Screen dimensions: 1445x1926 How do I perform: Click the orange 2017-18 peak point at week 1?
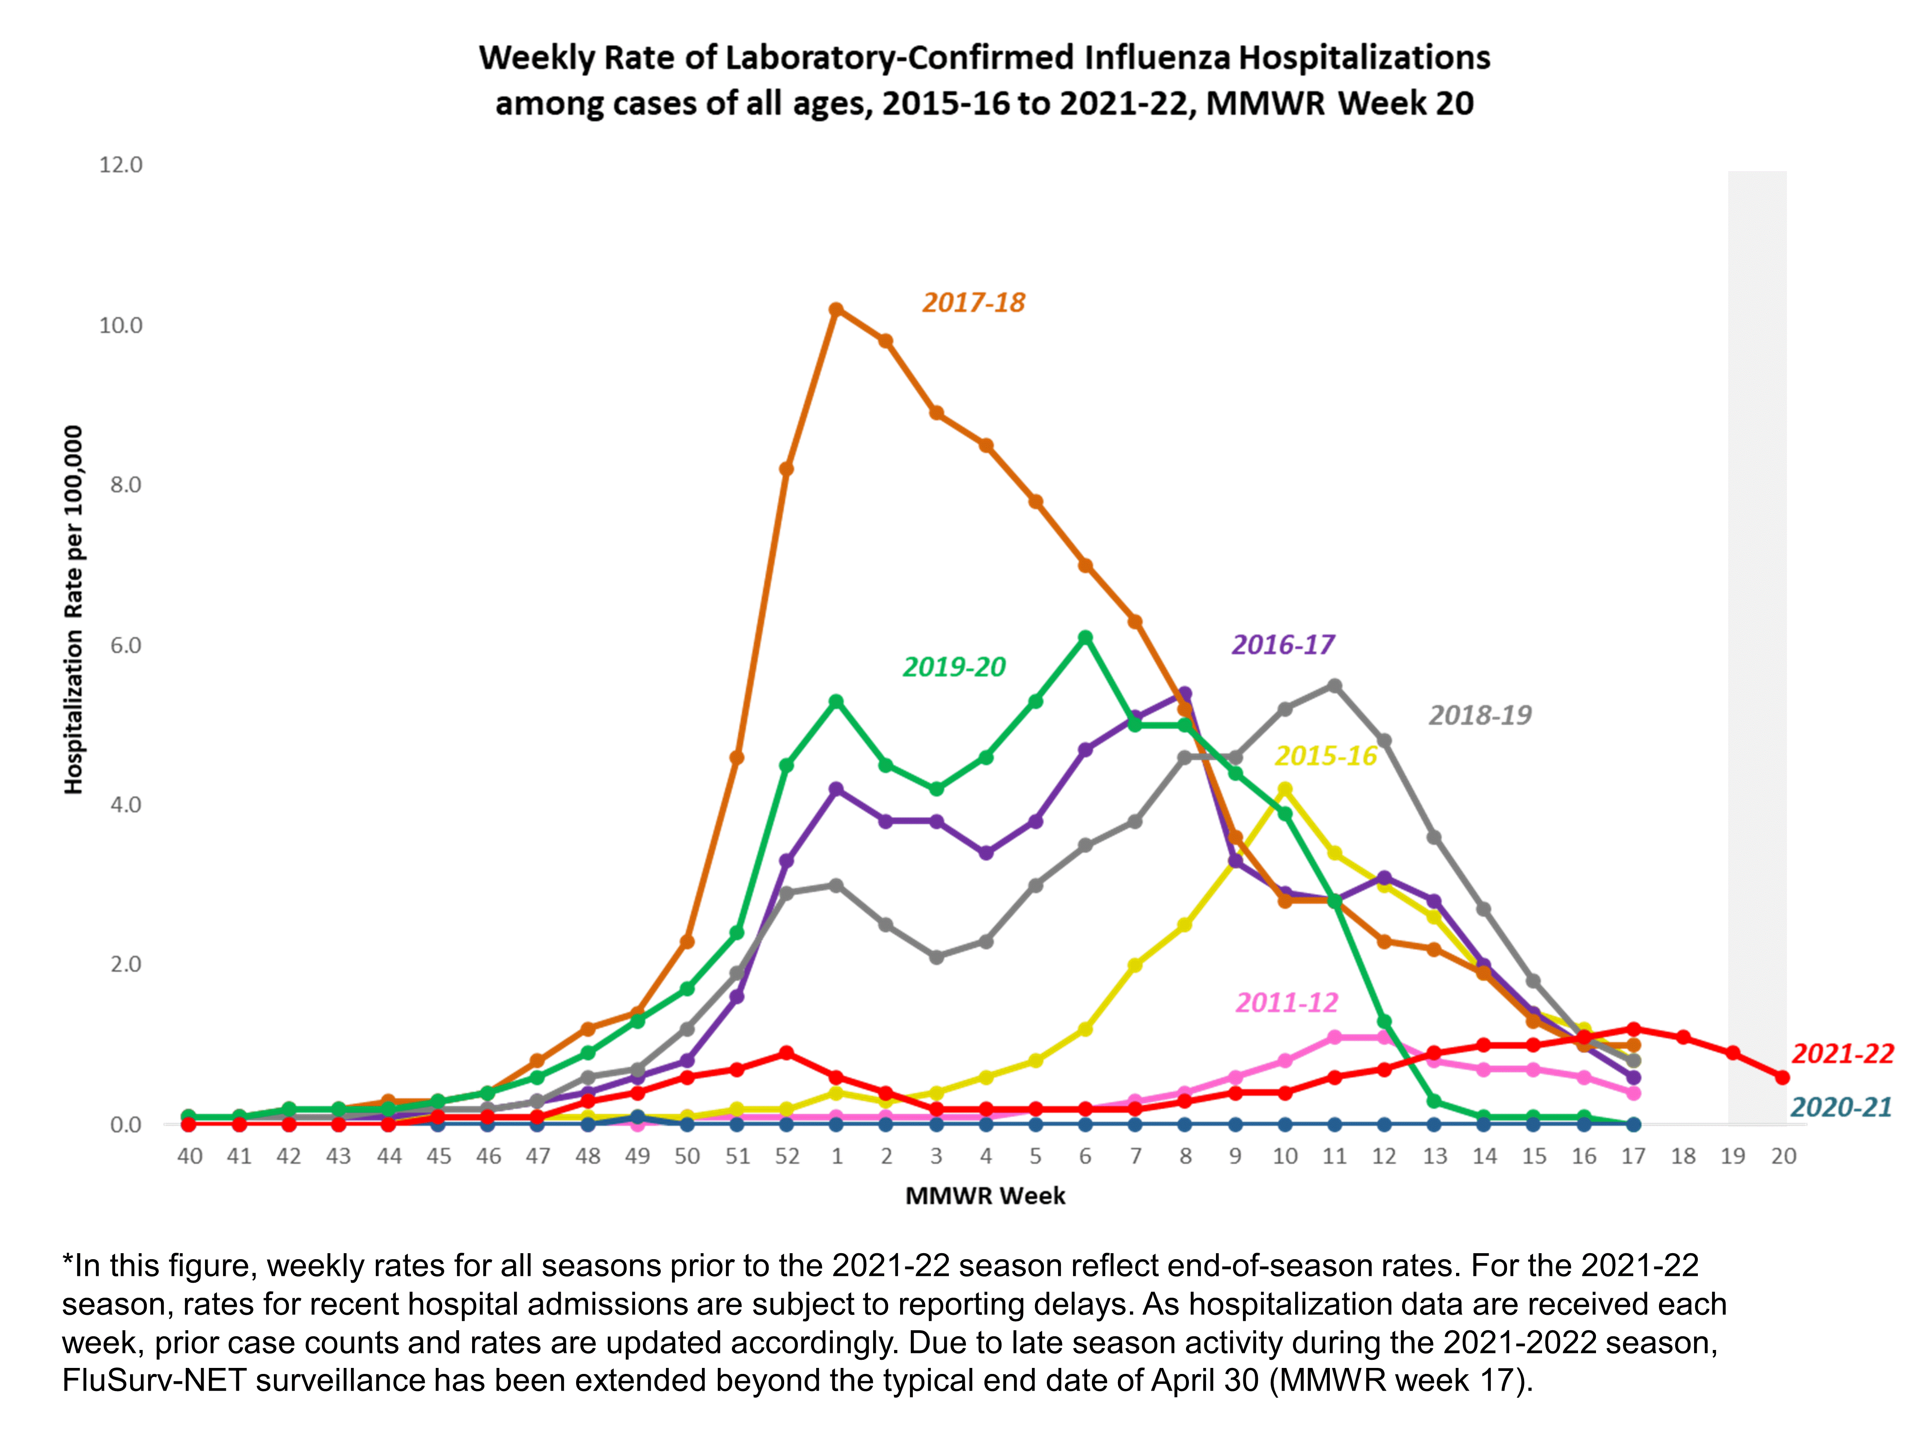(x=836, y=309)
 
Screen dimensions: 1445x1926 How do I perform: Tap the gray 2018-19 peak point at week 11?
(x=1334, y=685)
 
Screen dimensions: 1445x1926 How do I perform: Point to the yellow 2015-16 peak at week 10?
(x=1284, y=789)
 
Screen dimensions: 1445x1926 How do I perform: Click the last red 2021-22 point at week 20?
(x=1782, y=1078)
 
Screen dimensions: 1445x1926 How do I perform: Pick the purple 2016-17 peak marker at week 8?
(x=1185, y=693)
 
